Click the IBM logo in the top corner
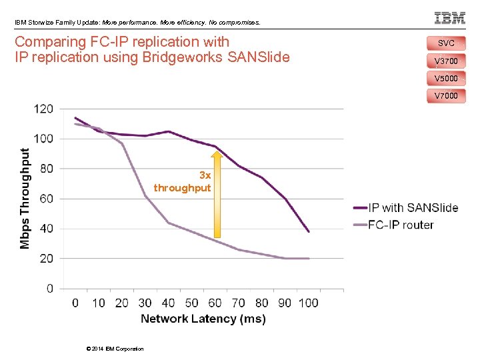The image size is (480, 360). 449,18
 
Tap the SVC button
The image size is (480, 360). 446,43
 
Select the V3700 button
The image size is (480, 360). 446,61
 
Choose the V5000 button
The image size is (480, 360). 446,79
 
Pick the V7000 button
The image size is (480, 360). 446,96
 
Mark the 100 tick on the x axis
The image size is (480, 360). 308,303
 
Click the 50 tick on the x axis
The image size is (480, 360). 191,303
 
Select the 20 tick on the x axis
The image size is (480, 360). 121,303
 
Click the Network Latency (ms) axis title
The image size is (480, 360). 203,319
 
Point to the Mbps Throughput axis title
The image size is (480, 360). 25,199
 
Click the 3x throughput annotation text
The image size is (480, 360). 182,182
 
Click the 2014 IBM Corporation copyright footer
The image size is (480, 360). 115,349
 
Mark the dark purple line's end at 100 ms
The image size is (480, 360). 309,231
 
